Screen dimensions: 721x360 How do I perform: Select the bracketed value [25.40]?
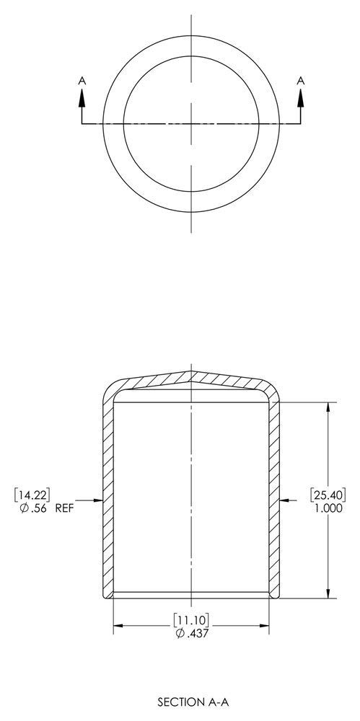[x=329, y=494]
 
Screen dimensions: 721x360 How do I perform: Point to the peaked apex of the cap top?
[x=191, y=373]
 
